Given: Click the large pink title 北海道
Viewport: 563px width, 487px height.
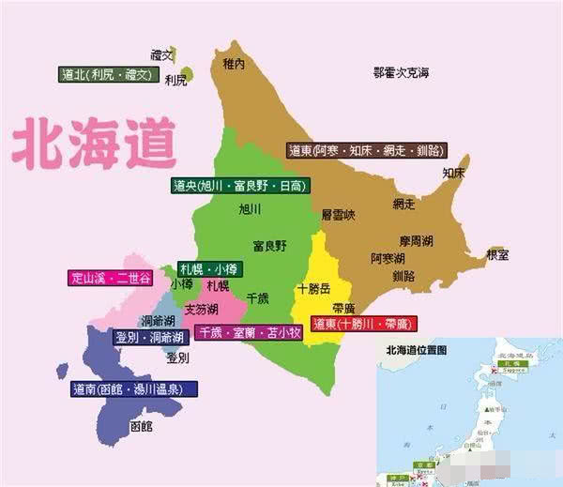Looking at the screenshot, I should [94, 142].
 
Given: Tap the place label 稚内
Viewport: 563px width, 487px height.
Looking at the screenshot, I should [234, 64].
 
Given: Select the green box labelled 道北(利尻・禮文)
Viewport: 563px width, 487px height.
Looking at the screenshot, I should [105, 75].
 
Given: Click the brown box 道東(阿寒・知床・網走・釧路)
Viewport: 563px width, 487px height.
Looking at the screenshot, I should [366, 150].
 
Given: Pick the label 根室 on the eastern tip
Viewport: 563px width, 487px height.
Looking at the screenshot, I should [497, 254].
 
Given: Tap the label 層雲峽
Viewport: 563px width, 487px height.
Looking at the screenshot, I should [339, 215].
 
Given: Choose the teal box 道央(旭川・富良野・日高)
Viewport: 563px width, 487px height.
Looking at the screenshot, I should [239, 186].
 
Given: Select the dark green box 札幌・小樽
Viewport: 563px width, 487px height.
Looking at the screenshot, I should [209, 268].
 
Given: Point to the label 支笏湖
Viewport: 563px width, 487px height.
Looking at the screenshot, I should [201, 309].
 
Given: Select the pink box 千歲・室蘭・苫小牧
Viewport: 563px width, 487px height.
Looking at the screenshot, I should [248, 331].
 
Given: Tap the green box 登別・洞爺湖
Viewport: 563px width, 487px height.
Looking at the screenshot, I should [149, 336].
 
